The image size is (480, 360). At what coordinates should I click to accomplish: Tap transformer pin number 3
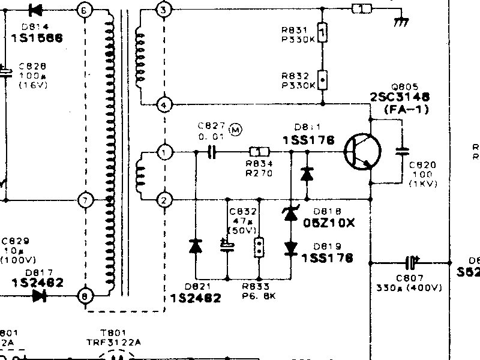[164, 10]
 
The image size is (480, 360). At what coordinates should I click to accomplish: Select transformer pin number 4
[164, 105]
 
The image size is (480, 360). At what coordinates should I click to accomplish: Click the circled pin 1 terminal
[164, 153]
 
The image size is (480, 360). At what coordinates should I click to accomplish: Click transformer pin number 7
[86, 200]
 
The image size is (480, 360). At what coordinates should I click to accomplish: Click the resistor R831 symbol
[323, 31]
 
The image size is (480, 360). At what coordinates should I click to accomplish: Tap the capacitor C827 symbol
[211, 153]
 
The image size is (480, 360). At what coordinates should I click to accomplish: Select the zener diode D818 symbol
[291, 214]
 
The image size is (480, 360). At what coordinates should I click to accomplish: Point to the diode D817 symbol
[41, 295]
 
